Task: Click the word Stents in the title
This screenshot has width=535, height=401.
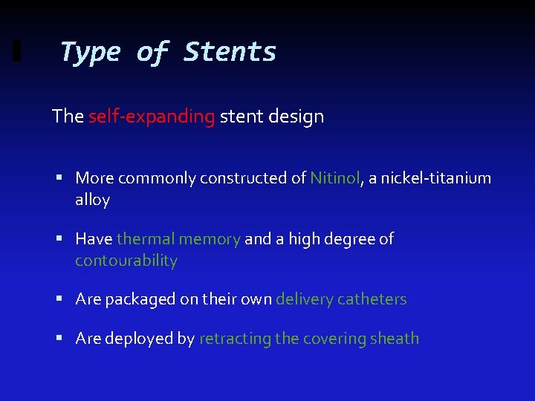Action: [230, 52]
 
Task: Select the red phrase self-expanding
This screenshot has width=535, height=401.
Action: [152, 117]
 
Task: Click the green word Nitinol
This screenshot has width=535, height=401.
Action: [334, 178]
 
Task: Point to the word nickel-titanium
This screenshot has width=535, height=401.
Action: [436, 178]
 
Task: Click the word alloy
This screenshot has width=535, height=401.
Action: [92, 200]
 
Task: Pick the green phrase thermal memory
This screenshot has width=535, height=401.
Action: [178, 239]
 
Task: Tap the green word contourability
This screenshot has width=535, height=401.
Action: [126, 261]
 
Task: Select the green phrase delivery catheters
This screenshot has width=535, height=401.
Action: [341, 299]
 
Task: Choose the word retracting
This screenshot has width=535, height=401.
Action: [235, 339]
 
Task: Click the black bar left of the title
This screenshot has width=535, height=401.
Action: [17, 52]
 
